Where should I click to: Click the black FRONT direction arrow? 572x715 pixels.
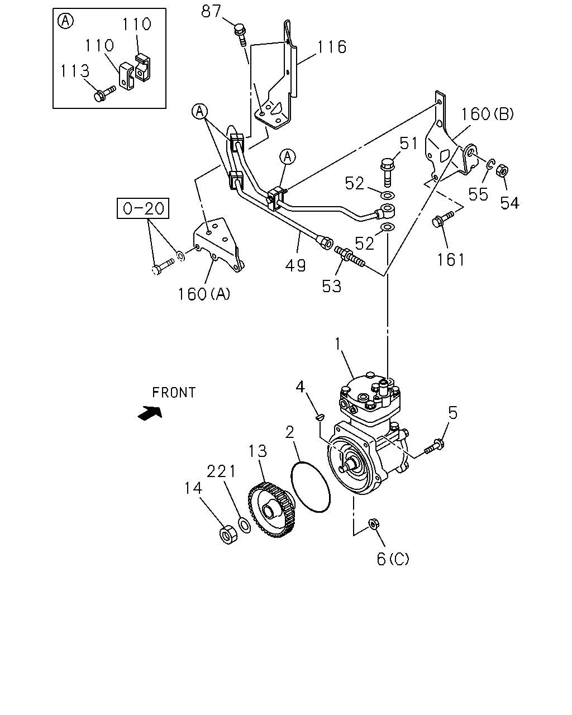click(150, 413)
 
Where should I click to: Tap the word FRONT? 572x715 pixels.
click(174, 393)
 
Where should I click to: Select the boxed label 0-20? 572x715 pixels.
click(143, 208)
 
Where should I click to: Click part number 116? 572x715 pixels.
click(332, 47)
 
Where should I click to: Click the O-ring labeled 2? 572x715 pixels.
click(311, 487)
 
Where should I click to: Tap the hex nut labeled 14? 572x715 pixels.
click(228, 535)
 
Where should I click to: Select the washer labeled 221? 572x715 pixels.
click(244, 525)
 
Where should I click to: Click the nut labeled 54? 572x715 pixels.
click(502, 171)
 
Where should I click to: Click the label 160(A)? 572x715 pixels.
click(204, 294)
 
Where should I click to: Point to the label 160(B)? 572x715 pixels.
click(487, 114)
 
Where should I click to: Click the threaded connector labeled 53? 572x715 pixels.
click(350, 256)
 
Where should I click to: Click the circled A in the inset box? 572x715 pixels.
click(66, 21)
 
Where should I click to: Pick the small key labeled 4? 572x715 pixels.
click(321, 417)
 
